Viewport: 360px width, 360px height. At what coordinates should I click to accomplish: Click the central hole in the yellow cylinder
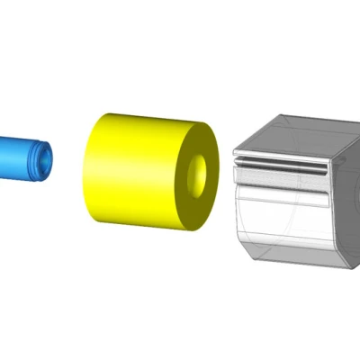coord(202,172)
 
